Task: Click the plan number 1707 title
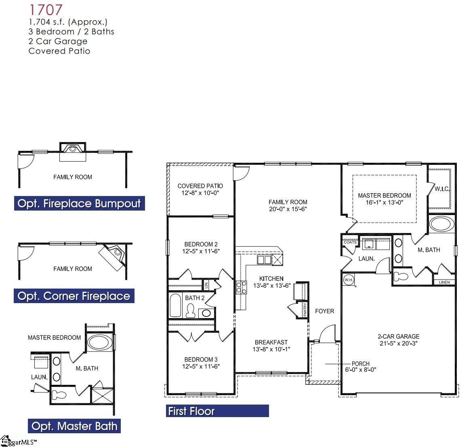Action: pos(46,10)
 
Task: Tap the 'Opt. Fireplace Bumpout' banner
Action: pos(79,203)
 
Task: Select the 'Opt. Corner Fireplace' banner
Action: pos(74,296)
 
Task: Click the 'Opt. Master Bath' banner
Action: pos(74,426)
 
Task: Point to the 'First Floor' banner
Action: pos(217,411)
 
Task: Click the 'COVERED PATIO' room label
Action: pos(200,186)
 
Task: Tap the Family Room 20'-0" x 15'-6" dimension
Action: pos(288,209)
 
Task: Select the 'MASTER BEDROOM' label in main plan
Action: pos(384,196)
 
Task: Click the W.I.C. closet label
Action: pos(442,189)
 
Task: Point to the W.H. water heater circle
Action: pos(348,280)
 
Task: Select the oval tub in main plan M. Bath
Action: pos(441,224)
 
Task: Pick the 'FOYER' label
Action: pos(324,311)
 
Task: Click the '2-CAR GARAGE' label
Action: pos(398,336)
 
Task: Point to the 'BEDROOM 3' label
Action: pos(201,359)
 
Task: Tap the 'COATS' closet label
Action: pos(350,242)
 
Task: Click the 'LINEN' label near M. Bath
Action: pos(444,282)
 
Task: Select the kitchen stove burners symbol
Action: pos(241,287)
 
